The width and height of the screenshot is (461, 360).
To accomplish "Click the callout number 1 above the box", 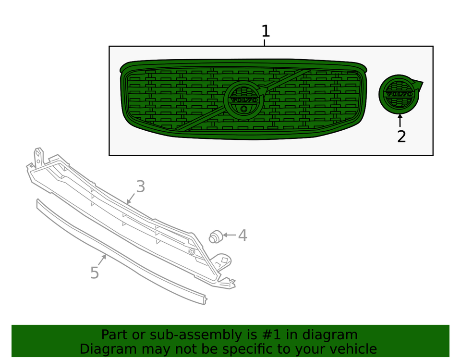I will (x=266, y=32).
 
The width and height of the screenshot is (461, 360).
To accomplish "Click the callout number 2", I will (x=401, y=137).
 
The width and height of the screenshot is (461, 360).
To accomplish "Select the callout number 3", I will (x=140, y=186).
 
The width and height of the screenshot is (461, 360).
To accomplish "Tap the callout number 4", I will (x=243, y=236).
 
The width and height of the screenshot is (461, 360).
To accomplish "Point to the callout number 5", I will (x=95, y=273).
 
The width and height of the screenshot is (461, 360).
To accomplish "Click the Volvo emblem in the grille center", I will (x=244, y=100).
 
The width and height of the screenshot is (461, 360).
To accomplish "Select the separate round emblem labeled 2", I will (x=399, y=94).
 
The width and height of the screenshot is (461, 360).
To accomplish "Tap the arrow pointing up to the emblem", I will (x=400, y=120).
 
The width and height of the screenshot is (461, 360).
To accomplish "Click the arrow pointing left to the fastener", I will (x=230, y=236).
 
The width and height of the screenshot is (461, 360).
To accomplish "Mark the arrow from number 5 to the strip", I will (x=102, y=260).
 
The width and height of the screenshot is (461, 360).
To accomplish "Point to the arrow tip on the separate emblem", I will (x=421, y=83).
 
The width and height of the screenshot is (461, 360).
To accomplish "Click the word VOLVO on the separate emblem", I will (x=399, y=94).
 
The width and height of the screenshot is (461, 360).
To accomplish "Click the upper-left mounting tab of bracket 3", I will (x=37, y=156).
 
